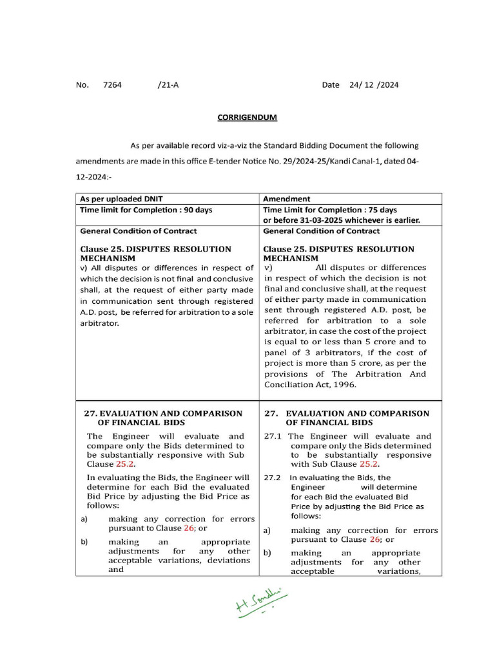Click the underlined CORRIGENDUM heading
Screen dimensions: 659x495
click(247, 118)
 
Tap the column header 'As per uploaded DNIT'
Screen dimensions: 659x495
click(121, 199)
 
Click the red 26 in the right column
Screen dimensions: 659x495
click(375, 540)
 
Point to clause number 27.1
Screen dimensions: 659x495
click(273, 436)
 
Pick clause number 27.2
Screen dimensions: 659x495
click(273, 478)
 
